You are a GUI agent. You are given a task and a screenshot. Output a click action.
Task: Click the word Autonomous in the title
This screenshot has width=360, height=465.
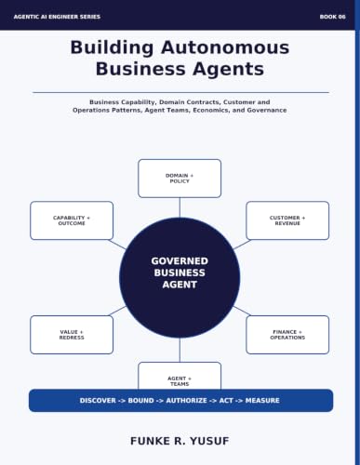[225, 47]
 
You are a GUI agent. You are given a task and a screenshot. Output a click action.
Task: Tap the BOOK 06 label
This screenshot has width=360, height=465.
[332, 17]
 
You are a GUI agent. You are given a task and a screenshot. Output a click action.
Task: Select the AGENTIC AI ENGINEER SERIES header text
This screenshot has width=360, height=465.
[57, 17]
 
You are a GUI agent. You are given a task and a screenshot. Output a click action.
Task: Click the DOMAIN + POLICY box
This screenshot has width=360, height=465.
[180, 179]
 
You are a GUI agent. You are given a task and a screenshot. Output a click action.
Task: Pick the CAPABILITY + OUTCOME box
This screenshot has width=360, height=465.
[72, 220]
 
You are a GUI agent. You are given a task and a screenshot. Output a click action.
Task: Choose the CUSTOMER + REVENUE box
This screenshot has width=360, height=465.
[287, 220]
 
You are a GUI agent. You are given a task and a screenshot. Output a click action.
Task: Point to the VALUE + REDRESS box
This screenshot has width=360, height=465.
[72, 335]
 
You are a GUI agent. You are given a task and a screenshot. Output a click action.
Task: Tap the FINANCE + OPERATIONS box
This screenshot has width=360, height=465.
[287, 335]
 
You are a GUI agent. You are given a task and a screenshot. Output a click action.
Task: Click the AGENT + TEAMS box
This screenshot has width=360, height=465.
[180, 376]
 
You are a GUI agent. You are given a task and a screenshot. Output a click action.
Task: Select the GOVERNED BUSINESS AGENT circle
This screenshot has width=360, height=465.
[180, 277]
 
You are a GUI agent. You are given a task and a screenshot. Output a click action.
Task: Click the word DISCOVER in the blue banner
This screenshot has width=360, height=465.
[98, 401]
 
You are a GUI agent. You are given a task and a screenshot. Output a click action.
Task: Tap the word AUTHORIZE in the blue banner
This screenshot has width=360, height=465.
[186, 401]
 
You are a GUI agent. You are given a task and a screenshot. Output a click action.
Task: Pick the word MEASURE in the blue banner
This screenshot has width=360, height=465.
[262, 401]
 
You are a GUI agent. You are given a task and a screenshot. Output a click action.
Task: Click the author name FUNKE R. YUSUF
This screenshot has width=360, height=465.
[180, 441]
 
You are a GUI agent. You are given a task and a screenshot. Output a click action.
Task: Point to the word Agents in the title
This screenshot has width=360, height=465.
[228, 69]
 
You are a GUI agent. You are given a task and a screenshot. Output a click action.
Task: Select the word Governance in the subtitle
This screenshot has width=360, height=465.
[267, 110]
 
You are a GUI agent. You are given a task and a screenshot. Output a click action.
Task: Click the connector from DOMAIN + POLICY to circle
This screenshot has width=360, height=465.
[180, 207]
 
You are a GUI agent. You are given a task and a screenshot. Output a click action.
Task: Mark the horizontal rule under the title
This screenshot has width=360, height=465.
[180, 92]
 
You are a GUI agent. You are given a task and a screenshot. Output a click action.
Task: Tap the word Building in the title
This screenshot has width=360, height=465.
[112, 48]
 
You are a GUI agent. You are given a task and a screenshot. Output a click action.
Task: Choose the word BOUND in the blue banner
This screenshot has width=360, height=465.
[140, 401]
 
